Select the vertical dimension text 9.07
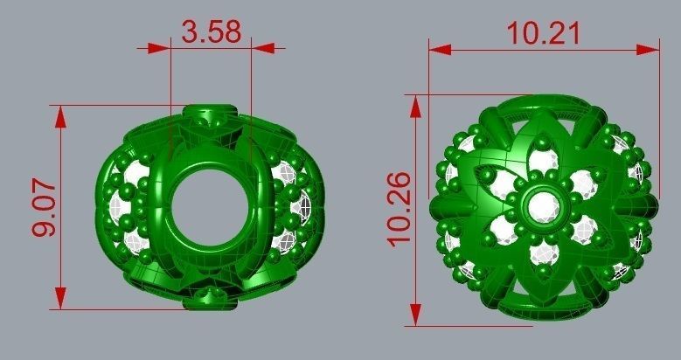(x=43, y=207)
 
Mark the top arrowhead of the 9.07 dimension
(x=60, y=114)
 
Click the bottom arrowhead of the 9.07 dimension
(x=60, y=301)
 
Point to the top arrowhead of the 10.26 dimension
(x=417, y=103)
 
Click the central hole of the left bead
(x=210, y=206)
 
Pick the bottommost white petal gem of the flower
(x=544, y=253)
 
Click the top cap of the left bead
(x=210, y=116)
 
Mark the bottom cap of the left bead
(x=210, y=299)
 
